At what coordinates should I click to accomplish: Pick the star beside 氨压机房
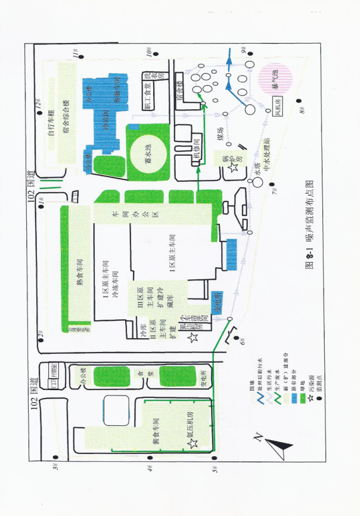pos(192,444)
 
